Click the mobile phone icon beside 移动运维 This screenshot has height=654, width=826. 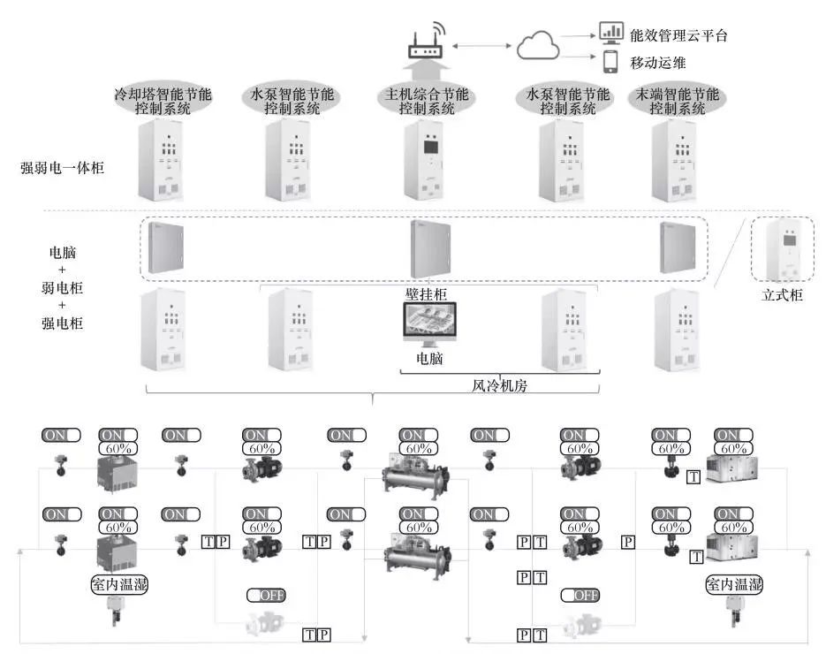coord(610,62)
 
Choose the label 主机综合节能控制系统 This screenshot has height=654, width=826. coord(426,102)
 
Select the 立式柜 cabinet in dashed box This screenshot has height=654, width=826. coord(783,250)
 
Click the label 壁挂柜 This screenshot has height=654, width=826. coord(429,291)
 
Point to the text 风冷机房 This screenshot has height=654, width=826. coord(500,386)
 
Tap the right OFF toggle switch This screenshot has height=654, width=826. coord(580,595)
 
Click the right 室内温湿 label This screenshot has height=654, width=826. coord(733,585)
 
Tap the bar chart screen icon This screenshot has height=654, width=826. coord(610,33)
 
